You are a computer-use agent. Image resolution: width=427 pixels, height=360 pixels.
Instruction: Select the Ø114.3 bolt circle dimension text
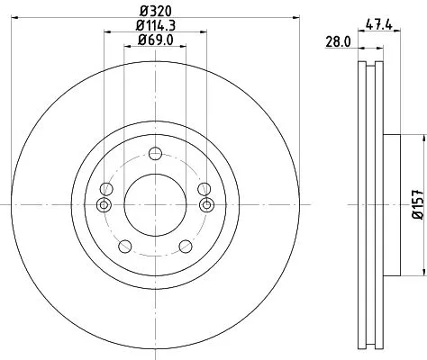155,26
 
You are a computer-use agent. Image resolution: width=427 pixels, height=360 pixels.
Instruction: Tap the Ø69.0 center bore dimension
155,40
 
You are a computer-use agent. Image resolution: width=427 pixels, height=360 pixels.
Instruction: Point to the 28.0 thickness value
338,41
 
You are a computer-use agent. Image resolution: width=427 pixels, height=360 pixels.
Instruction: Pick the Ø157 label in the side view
417,205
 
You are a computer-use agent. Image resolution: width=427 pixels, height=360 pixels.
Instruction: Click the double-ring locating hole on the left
104,205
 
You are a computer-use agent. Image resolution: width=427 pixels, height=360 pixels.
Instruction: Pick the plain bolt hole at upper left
107,189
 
